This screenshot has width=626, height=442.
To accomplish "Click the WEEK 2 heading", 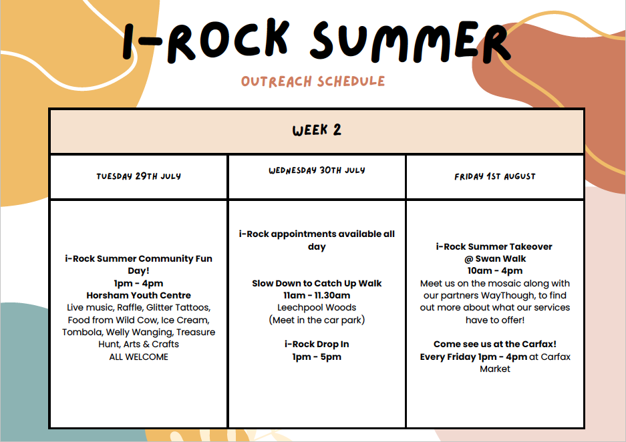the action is pyautogui.click(x=317, y=130).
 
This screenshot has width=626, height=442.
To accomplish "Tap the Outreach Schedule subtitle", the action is pyautogui.click(x=313, y=81).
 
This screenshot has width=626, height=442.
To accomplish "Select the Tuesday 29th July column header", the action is pyautogui.click(x=138, y=176).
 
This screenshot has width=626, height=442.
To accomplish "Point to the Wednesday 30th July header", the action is pyautogui.click(x=317, y=170).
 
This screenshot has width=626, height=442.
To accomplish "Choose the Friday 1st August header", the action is pyautogui.click(x=494, y=176).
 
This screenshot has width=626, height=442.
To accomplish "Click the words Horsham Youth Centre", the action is pyautogui.click(x=138, y=295).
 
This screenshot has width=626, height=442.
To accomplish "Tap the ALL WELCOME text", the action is pyautogui.click(x=138, y=357).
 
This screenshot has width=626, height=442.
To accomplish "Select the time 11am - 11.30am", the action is pyautogui.click(x=317, y=295).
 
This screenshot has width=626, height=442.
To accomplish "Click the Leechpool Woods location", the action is pyautogui.click(x=317, y=308).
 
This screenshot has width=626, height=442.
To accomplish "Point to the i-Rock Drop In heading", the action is pyautogui.click(x=317, y=345).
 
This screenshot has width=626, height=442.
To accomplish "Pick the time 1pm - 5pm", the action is pyautogui.click(x=317, y=357).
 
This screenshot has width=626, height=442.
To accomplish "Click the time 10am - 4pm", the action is pyautogui.click(x=494, y=271).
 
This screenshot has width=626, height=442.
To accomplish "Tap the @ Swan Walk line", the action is pyautogui.click(x=494, y=259).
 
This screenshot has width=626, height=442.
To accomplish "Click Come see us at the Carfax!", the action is pyautogui.click(x=494, y=345).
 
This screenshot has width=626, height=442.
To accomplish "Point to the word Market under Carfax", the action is pyautogui.click(x=494, y=369).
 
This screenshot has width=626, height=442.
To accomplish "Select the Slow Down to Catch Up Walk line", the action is pyautogui.click(x=317, y=283).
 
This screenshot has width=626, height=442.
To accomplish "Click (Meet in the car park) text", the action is pyautogui.click(x=317, y=320).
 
